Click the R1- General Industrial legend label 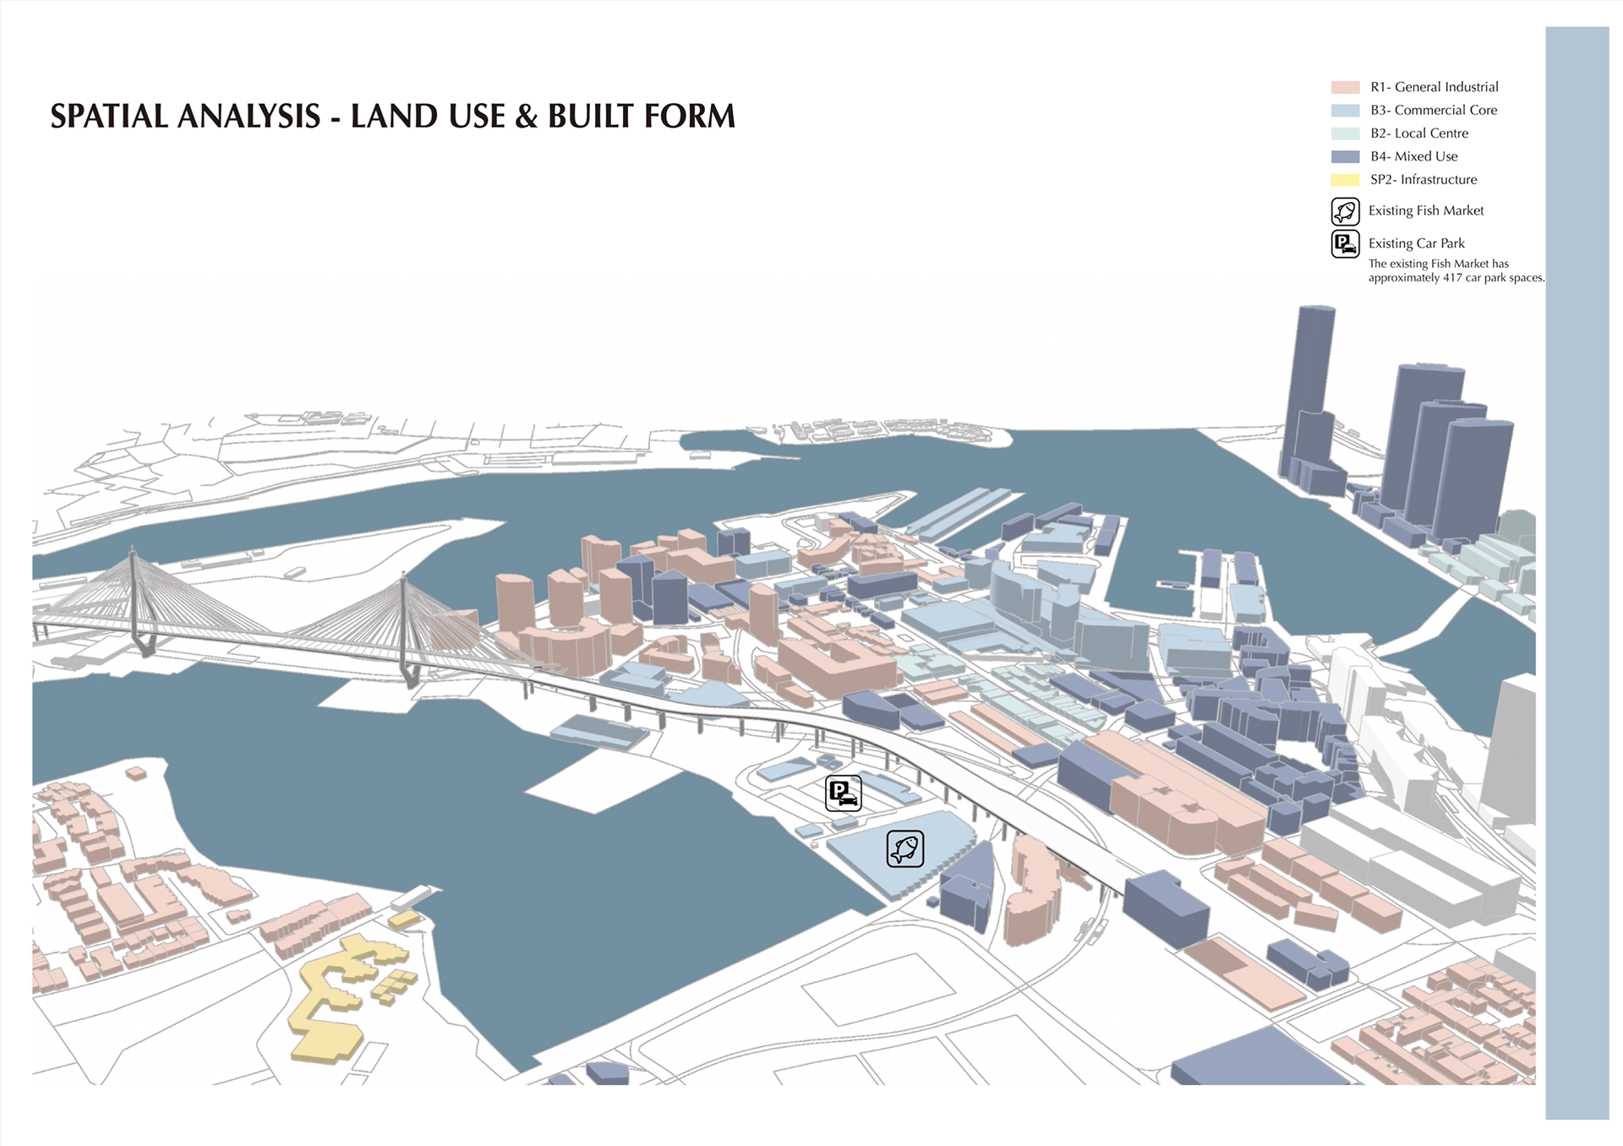click(x=1434, y=87)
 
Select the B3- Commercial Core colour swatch click(x=1345, y=111)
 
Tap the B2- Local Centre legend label click(x=1418, y=134)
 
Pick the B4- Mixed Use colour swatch click(x=1345, y=156)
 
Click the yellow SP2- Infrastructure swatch click(x=1345, y=180)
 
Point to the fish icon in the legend click(x=1345, y=211)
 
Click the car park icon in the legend click(x=1345, y=244)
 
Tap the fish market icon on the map click(x=904, y=849)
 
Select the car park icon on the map click(x=843, y=794)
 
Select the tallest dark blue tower click(x=1309, y=389)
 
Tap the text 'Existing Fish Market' click(x=1425, y=211)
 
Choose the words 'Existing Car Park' click(x=1416, y=243)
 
